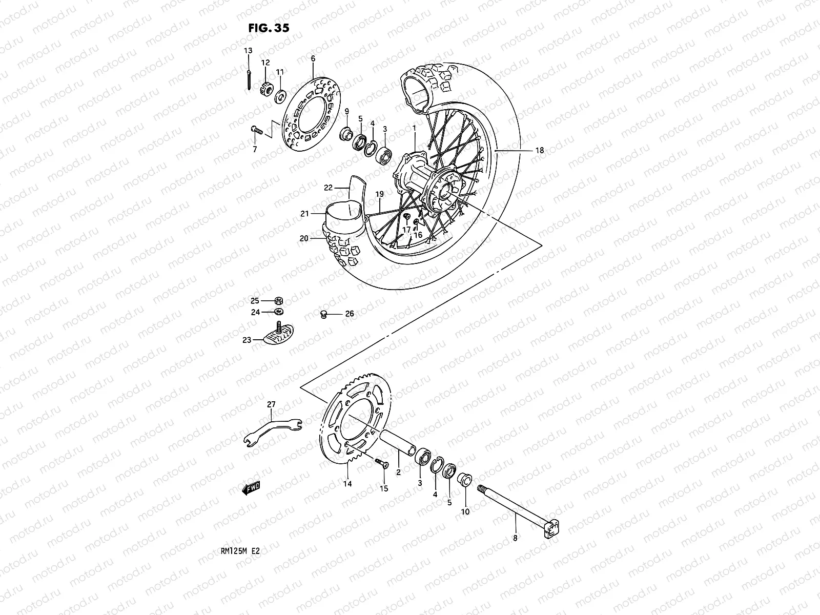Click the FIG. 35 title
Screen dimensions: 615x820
(x=269, y=28)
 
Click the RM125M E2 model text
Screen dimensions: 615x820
(x=239, y=555)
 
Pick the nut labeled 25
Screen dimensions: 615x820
(x=279, y=301)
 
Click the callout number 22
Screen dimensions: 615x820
(x=329, y=188)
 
